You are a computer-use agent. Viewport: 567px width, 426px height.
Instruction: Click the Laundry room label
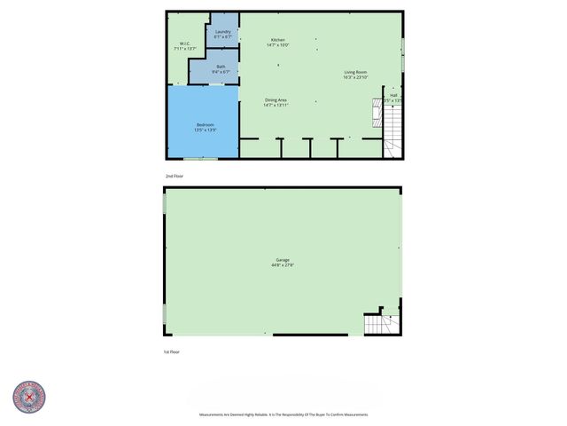223,33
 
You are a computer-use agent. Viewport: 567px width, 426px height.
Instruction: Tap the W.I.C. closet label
186,43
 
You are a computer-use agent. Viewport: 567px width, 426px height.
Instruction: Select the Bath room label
221,67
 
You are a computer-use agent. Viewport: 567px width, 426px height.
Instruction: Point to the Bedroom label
206,124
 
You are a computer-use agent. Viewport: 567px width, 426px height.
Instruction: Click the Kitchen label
278,40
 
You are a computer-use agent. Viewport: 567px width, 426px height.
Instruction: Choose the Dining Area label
276,99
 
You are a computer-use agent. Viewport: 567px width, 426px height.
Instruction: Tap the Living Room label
355,72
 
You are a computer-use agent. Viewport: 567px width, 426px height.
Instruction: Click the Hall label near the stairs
393,95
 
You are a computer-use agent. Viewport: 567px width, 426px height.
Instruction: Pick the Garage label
282,259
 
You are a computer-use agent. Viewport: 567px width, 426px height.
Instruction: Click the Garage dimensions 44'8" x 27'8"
282,264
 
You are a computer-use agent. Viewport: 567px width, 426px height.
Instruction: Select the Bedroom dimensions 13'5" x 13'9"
206,130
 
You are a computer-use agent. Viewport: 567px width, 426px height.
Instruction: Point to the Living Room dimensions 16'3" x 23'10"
355,77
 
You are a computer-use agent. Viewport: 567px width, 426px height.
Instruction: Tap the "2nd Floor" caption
175,177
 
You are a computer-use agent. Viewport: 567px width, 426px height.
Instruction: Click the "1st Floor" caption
172,352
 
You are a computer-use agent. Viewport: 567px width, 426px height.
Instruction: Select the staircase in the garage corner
379,324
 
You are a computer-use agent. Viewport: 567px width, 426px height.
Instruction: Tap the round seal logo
29,398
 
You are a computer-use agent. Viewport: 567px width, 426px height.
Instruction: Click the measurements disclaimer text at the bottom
283,414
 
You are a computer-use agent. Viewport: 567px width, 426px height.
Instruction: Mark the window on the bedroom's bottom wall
206,159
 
